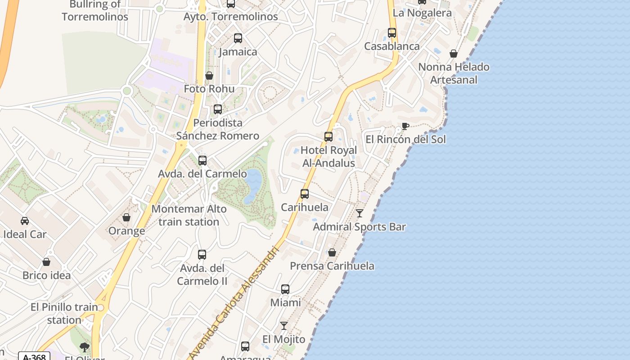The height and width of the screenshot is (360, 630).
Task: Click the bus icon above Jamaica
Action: pos(238,38)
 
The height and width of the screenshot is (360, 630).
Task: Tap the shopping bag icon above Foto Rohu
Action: pos(209,76)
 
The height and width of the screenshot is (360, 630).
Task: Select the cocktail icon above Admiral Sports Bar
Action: pos(359,213)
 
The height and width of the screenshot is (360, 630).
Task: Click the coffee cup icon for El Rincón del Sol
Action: pos(405,126)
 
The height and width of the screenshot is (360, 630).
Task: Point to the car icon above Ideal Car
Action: pos(25,221)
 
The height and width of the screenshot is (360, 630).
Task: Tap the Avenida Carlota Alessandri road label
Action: pos(234,299)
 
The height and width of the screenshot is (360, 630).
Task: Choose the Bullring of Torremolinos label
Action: pos(95,11)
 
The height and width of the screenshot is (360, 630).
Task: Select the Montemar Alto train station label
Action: pos(189,215)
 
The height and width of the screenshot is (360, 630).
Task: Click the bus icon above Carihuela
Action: pos(305,194)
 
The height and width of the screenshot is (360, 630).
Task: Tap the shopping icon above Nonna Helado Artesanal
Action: pos(454,54)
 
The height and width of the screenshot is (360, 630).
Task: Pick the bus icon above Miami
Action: pos(285,289)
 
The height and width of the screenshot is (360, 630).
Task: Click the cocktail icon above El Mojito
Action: pos(284,326)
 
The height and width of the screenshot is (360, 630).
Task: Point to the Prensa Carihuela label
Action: pos(332,266)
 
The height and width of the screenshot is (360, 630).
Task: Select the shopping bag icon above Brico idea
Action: pos(46,262)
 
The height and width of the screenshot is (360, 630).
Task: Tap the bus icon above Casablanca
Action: pos(392,33)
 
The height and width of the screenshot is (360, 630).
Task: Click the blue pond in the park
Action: pos(253,184)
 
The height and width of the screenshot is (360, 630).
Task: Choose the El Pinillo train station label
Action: pos(64,314)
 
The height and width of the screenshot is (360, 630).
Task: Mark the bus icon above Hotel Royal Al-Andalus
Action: pos(328,137)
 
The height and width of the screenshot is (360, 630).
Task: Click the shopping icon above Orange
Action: pos(126,218)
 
